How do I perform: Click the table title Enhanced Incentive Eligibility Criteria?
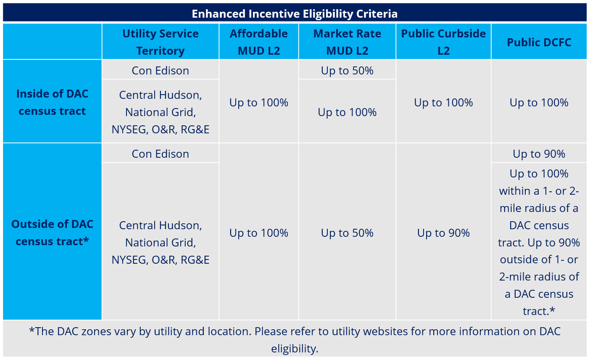point(295,13)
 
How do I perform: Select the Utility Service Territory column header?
point(161,42)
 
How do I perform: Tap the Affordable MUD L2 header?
point(259,42)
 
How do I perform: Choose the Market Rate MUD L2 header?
point(347,42)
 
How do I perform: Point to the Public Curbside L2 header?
point(443,42)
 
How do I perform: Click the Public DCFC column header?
point(539,42)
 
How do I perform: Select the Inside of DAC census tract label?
point(52,102)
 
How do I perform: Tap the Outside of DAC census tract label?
point(52,233)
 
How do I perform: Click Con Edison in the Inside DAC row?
point(161,70)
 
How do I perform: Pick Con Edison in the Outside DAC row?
point(161,154)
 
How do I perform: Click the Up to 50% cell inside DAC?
point(347,70)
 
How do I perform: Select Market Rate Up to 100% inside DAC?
point(347,112)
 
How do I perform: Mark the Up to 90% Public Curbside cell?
point(443,233)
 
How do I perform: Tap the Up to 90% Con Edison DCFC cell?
point(539,154)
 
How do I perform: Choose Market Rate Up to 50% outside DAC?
point(347,233)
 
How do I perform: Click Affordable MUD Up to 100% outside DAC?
point(259,233)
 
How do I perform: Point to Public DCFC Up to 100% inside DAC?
point(539,103)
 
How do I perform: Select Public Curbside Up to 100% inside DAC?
point(443,103)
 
